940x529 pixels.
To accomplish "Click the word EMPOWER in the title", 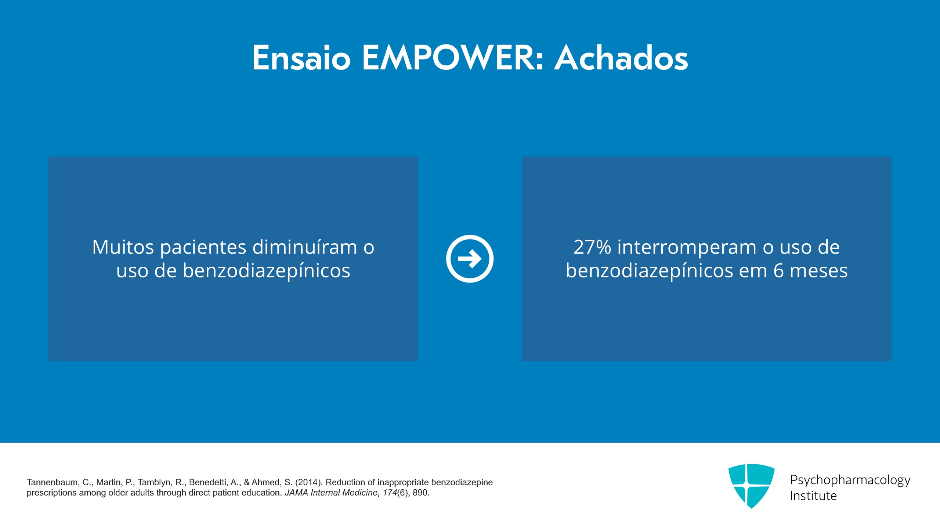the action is pos(452,58).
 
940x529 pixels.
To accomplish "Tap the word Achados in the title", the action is pos(621,58).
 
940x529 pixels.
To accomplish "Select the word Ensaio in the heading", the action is pos(301,58).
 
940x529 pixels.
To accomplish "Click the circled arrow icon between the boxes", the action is pos(470,259).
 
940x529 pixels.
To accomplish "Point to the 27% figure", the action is pos(592,247).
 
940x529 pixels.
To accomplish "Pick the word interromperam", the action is pos(687,247).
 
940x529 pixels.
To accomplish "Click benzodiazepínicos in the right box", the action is pos(649,271).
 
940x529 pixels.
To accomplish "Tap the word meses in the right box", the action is pos(819,272).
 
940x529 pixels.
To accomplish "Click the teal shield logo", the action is pos(751,486).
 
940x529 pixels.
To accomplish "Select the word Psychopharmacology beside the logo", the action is pos(850,481).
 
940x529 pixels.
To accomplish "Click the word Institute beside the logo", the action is pos(813,496).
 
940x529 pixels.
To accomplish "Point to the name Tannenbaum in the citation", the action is pos(52,482).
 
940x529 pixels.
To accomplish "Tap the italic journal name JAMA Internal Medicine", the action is pos(331,493).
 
